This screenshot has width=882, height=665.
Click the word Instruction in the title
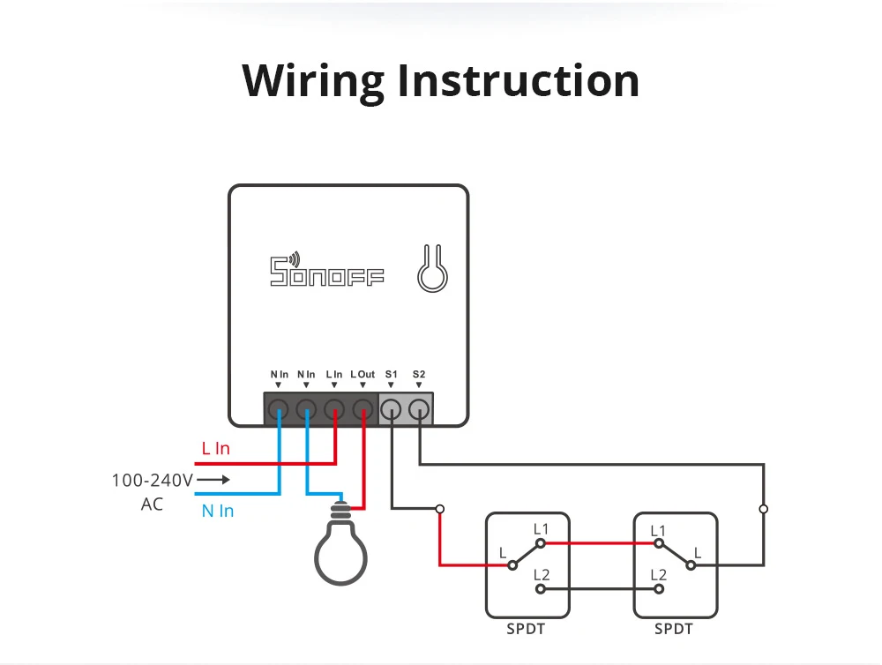(518, 80)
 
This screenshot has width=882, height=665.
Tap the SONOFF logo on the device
(326, 271)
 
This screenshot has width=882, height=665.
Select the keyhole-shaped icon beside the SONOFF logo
(432, 270)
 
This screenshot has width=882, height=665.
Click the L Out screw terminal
(363, 408)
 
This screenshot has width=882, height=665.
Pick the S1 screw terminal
(391, 408)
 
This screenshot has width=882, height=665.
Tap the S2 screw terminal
(419, 408)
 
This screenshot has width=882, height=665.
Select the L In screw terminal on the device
(334, 408)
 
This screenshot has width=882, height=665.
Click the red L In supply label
(215, 448)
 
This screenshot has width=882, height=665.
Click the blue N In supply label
(217, 511)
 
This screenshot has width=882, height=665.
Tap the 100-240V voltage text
(152, 481)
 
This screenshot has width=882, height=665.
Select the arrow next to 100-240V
(213, 481)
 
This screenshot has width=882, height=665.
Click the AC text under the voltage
(152, 505)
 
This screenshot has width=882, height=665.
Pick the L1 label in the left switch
(541, 528)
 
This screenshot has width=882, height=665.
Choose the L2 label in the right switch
(657, 574)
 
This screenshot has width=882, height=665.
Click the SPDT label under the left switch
(526, 629)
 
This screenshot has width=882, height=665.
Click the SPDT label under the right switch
(674, 629)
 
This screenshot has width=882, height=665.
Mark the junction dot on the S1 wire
(439, 509)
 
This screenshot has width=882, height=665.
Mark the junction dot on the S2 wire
(763, 509)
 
